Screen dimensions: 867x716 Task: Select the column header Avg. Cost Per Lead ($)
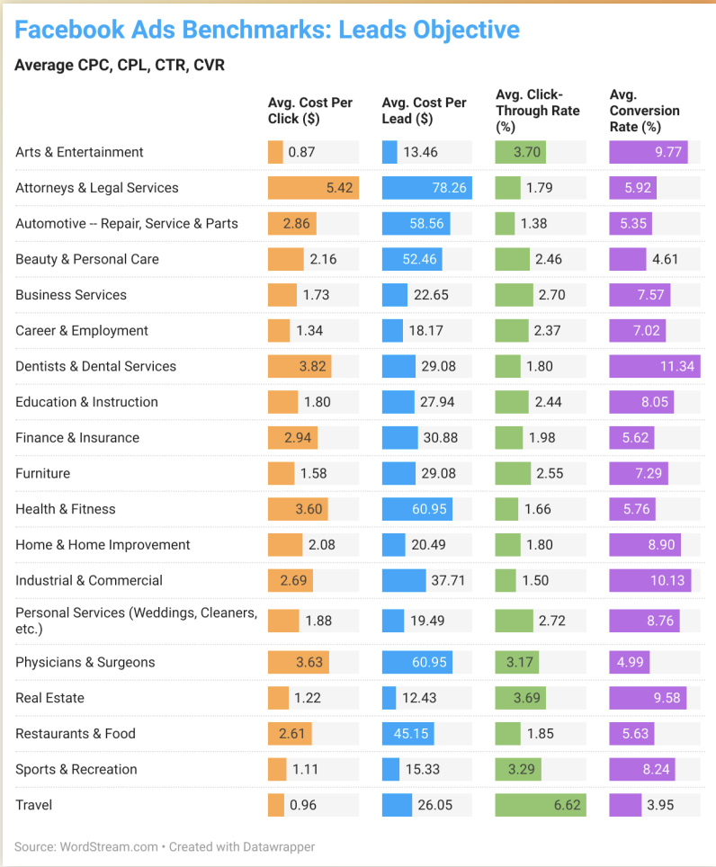pos(424,111)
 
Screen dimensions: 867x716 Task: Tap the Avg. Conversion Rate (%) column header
pos(644,111)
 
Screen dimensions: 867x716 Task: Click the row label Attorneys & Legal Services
pos(97,188)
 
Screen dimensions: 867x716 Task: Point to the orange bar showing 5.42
pos(313,188)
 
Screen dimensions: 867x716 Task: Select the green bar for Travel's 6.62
pos(541,805)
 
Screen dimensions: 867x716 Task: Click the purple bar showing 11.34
pos(655,366)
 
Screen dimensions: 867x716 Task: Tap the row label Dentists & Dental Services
pos(96,366)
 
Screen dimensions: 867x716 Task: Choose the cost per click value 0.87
pos(301,152)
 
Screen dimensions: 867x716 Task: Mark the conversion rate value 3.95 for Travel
pos(660,805)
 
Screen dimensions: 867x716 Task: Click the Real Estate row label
pos(50,698)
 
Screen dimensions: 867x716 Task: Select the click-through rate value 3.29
pos(527,769)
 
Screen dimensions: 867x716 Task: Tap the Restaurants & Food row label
pos(76,734)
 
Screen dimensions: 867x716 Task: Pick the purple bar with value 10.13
pos(650,580)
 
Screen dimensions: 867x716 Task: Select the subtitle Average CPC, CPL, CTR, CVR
pos(120,65)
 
